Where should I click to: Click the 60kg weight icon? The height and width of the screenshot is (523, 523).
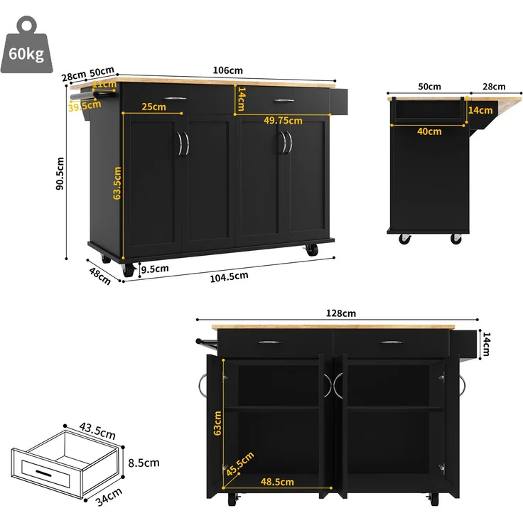pos(27,45)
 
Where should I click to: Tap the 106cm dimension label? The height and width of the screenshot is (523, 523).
pos(228,70)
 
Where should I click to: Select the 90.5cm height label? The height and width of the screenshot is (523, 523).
pos(60,174)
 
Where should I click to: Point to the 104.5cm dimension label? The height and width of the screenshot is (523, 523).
pos(229,277)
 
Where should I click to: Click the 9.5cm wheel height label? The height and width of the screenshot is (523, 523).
pos(155,269)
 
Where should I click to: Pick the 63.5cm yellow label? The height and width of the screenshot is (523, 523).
pos(117,183)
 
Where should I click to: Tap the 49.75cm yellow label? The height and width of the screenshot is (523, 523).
pos(283,120)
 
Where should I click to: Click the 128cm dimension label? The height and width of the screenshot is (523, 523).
pos(341,313)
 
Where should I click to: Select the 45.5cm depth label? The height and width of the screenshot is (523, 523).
pos(240,463)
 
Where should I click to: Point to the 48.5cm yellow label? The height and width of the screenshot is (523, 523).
pos(277,482)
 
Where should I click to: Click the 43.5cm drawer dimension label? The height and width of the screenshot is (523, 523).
pos(97,431)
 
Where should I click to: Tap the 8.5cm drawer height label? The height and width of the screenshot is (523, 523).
pos(144,463)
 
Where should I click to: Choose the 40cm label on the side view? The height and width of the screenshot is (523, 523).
pos(429,131)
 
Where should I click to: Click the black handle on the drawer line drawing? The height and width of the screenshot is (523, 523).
pos(43,473)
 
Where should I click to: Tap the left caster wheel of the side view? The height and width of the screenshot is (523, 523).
pos(404,239)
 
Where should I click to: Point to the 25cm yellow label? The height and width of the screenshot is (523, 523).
pos(153,107)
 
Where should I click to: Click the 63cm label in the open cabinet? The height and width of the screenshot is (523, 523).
pos(217,424)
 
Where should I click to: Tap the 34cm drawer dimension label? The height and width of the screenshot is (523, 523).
pos(109,497)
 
